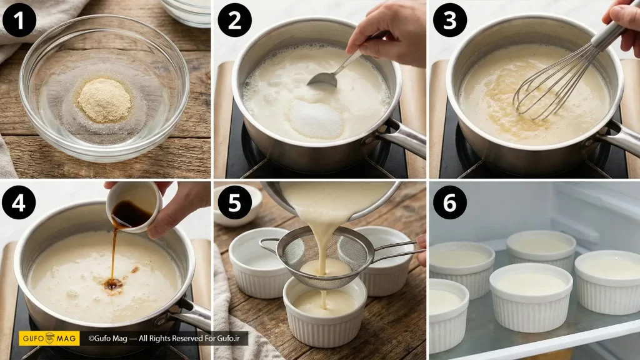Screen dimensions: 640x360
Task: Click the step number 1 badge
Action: point(19,20)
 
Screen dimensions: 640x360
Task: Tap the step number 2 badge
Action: point(235,20)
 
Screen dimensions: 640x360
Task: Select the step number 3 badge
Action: point(450,20)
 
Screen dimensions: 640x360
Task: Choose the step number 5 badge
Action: point(235,202)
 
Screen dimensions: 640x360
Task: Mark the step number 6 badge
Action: point(450,202)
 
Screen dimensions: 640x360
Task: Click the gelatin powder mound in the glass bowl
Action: point(104,100)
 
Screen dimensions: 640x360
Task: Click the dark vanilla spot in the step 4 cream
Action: point(113,284)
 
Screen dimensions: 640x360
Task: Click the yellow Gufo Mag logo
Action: point(49,338)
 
